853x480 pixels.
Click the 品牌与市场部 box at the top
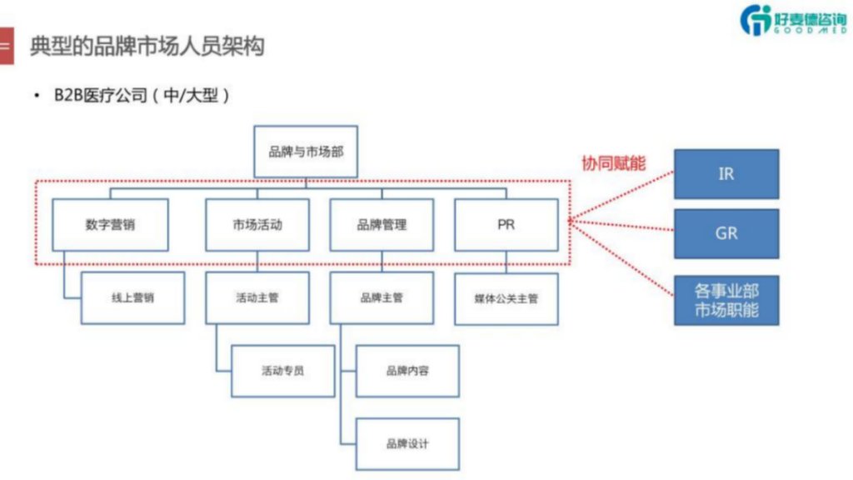click(306, 152)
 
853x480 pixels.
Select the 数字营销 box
click(110, 224)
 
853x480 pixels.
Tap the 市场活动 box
click(257, 224)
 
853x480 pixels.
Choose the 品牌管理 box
click(382, 224)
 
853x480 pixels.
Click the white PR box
click(506, 224)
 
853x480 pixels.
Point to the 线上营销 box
click(132, 297)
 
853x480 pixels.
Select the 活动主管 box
click(257, 297)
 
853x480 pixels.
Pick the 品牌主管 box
click(382, 297)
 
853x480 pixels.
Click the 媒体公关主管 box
click(506, 297)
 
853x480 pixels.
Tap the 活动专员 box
click(282, 370)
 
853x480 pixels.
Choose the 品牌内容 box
click(407, 370)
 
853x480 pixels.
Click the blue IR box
click(726, 174)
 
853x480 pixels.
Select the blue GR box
click(726, 233)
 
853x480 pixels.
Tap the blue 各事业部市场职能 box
click(726, 301)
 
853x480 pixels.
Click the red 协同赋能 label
click(614, 162)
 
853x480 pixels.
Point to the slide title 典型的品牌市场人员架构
click(147, 46)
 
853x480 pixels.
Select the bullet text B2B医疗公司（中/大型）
click(142, 95)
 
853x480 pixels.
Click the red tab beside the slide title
click(6, 46)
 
